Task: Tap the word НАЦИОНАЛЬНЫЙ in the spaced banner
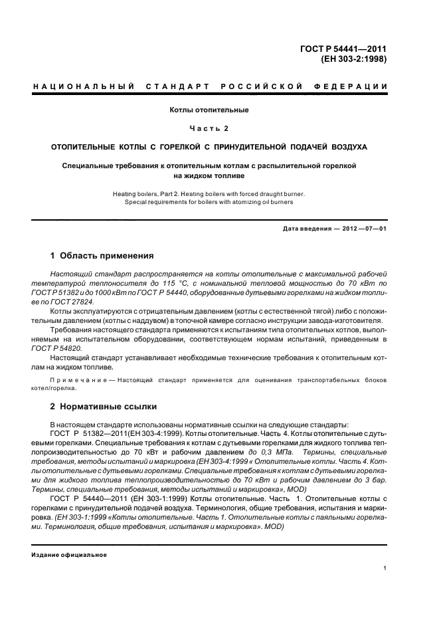(83, 86)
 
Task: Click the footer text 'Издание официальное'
(69, 555)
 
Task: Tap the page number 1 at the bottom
(385, 568)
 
